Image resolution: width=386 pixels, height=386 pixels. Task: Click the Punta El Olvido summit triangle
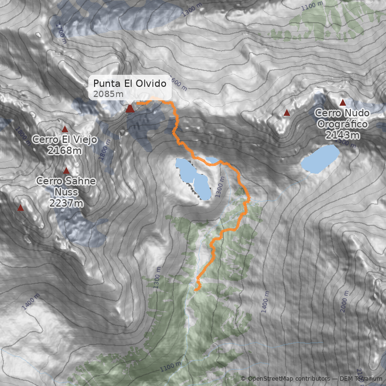(130, 109)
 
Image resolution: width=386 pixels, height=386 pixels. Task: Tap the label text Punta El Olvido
(130, 83)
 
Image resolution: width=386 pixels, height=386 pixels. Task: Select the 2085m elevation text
(109, 94)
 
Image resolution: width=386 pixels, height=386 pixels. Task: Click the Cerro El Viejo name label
(65, 140)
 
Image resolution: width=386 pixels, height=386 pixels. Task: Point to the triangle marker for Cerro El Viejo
(65, 129)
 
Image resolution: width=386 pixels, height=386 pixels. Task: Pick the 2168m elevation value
(65, 151)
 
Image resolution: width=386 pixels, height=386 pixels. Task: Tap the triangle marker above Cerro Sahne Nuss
(66, 170)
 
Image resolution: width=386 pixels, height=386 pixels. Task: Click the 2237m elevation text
(66, 203)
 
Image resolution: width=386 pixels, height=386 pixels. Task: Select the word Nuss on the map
(66, 192)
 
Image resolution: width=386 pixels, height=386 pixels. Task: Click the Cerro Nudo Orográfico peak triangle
(343, 102)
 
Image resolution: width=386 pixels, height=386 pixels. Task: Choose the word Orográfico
(343, 124)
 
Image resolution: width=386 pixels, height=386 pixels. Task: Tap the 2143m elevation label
(343, 135)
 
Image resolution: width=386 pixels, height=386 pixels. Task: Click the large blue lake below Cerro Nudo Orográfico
(320, 159)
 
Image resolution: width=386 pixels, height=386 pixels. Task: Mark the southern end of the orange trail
(197, 289)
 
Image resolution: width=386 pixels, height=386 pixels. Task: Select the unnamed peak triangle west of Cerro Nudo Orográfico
(287, 113)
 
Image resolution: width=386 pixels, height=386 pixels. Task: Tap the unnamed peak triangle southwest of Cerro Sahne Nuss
(20, 208)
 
